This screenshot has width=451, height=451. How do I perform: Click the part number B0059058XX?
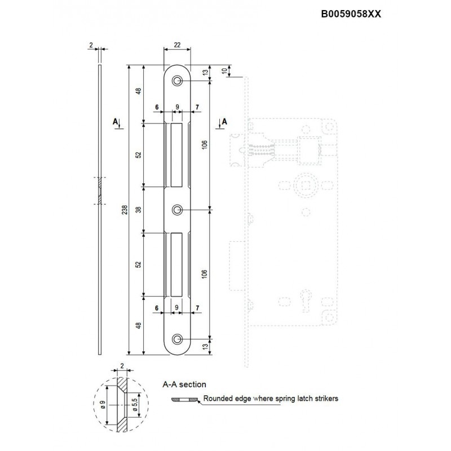pos(351,15)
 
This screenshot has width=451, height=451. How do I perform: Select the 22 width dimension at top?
pos(177,45)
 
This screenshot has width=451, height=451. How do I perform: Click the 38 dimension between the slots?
pos(139,210)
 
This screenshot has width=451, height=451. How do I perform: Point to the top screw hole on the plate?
pos(178,82)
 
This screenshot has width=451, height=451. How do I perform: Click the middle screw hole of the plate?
pos(178,210)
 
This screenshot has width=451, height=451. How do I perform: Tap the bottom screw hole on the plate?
pos(178,339)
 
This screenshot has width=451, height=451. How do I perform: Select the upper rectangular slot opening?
pos(176,155)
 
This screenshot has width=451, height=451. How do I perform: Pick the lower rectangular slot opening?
pos(176,264)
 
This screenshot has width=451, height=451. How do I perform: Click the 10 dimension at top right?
pos(225,71)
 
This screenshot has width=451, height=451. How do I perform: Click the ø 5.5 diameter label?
pos(134,404)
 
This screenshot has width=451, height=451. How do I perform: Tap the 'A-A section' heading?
pos(184,385)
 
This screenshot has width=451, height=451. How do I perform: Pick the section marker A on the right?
pos(224,122)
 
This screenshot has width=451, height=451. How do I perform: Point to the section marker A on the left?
pos(116,122)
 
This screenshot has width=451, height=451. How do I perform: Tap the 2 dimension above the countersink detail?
pos(122,366)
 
